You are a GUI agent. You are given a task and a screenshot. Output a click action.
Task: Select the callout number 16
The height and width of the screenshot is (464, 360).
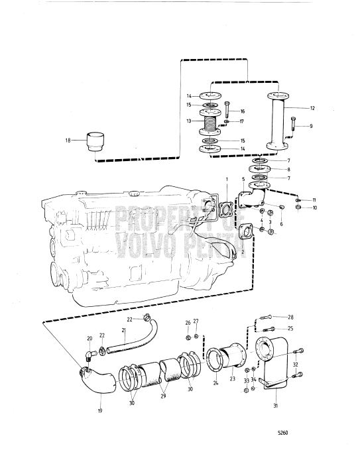click(243, 111)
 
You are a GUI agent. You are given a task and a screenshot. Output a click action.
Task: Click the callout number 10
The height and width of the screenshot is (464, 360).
click(315, 208)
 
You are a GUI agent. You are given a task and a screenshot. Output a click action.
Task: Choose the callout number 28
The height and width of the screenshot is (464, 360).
click(290, 317)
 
